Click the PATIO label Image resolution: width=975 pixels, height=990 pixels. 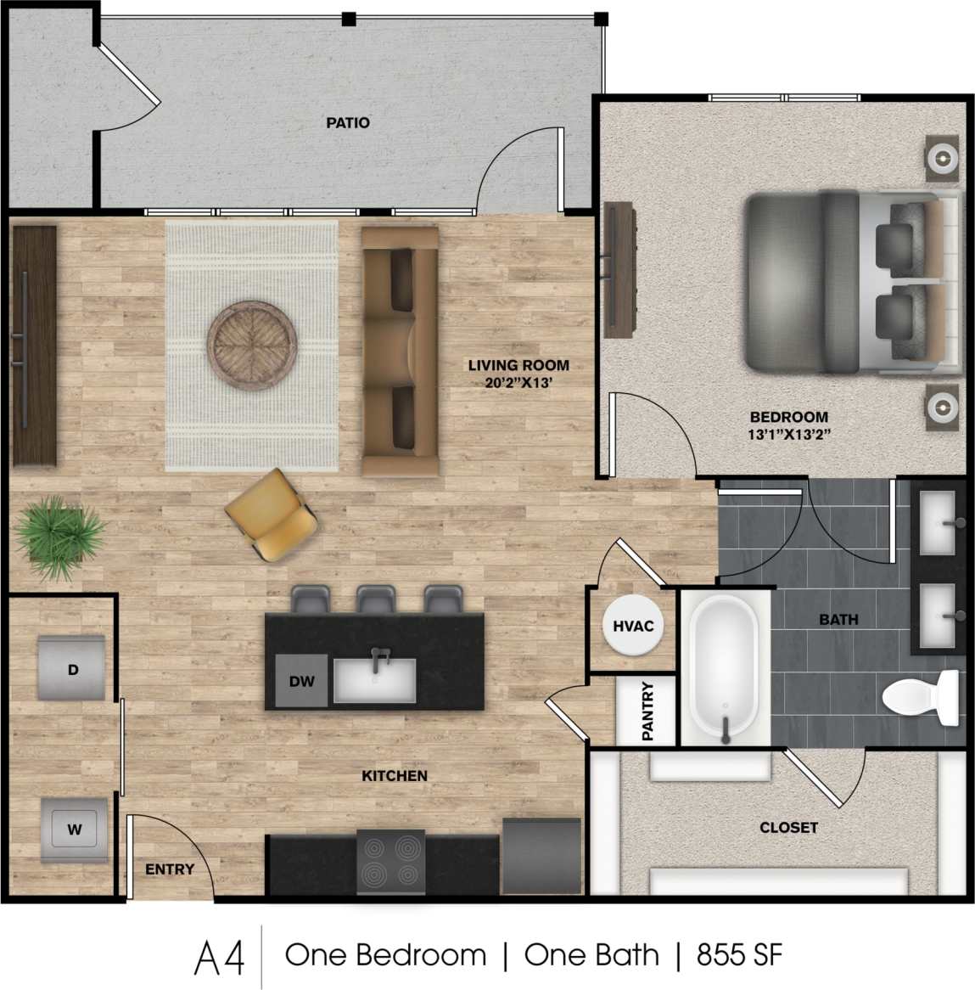(348, 123)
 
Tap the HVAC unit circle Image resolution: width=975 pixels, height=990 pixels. (633, 627)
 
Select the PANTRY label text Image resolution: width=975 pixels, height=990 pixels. (647, 712)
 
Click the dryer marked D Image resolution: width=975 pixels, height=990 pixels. (73, 669)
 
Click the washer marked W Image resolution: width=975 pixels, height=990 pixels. (75, 830)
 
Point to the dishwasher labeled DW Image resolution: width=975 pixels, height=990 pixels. (301, 681)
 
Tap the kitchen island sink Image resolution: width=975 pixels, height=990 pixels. (374, 679)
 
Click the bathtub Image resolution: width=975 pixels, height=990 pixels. (724, 669)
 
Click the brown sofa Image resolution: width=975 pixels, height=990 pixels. (400, 350)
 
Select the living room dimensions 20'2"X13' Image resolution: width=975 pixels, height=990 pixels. (518, 383)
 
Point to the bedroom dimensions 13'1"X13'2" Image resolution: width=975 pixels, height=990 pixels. (788, 434)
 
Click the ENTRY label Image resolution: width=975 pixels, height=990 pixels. (170, 869)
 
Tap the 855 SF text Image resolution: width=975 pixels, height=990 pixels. (739, 955)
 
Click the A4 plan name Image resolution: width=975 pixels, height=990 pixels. (220, 958)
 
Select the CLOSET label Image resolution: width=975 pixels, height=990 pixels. (788, 827)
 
